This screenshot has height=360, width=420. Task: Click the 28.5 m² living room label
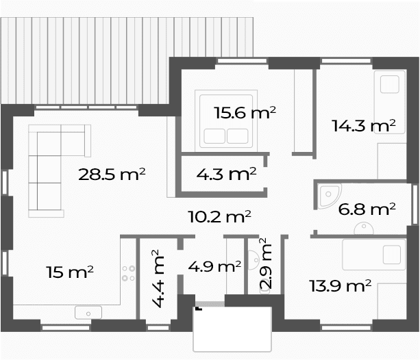[112, 175]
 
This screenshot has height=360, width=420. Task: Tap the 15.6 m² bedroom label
[245, 113]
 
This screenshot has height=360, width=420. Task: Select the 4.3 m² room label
[226, 174]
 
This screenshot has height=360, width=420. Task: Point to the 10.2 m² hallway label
[219, 216]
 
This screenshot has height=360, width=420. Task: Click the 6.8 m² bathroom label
[367, 209]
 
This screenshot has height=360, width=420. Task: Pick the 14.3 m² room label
[364, 125]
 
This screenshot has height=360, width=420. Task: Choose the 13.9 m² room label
[340, 285]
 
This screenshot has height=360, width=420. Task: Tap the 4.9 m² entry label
[214, 267]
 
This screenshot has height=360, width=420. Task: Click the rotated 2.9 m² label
[266, 263]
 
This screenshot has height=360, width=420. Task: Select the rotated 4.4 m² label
[158, 279]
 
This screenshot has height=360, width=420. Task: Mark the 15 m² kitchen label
[70, 272]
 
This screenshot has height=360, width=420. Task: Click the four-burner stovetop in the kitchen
[129, 273]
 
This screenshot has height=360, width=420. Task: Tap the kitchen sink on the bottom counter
[88, 313]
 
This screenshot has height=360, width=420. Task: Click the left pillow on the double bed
[214, 136]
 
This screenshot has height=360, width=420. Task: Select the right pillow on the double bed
[238, 136]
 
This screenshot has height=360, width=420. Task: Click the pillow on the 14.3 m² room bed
[390, 84]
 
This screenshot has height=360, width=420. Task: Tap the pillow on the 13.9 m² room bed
[392, 255]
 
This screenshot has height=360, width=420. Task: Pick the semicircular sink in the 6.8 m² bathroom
[364, 228]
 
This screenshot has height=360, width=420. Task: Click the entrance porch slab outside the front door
[232, 329]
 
